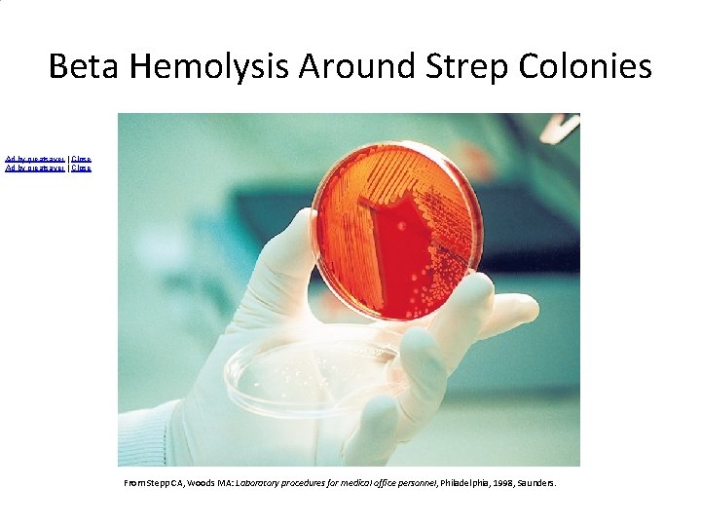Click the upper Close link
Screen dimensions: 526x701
(82, 159)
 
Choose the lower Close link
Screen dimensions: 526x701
(82, 169)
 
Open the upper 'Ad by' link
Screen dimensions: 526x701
(34, 159)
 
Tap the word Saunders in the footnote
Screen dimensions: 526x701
(535, 482)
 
